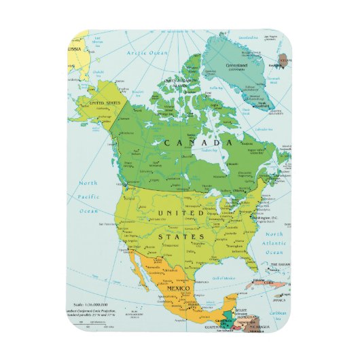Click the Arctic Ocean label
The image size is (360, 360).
[149, 52]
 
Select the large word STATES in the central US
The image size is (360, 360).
[182, 237]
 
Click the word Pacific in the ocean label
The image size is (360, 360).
[88, 197]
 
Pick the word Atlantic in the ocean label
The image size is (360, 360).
[274, 242]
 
